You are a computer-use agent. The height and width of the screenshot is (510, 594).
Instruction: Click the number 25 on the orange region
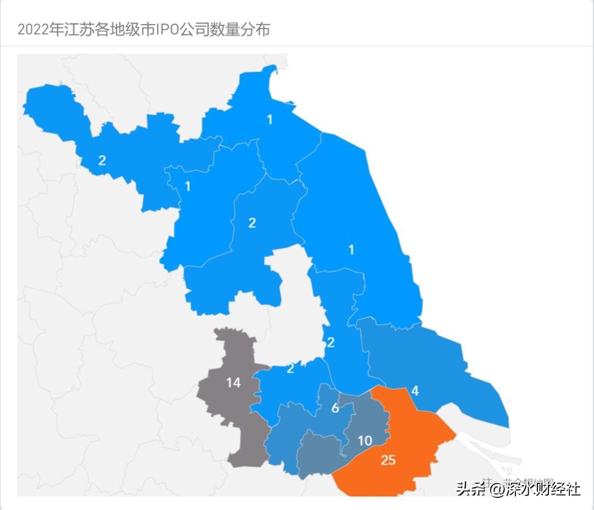coord(388,460)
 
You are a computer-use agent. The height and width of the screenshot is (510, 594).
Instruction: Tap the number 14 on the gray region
coord(233,382)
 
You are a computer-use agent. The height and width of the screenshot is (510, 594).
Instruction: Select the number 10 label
coord(365,441)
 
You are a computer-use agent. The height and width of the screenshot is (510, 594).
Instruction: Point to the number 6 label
coord(335,408)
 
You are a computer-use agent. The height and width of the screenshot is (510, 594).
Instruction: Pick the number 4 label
coord(415,391)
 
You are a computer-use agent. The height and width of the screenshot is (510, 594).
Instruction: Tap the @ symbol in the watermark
coord(497,488)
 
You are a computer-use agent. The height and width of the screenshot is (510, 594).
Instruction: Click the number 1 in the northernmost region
coord(269,119)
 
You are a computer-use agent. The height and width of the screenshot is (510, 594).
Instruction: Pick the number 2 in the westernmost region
coord(102,160)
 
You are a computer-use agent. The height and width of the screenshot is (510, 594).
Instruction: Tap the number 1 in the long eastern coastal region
coord(351,250)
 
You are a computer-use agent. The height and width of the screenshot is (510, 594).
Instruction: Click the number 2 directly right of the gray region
coord(290,369)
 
